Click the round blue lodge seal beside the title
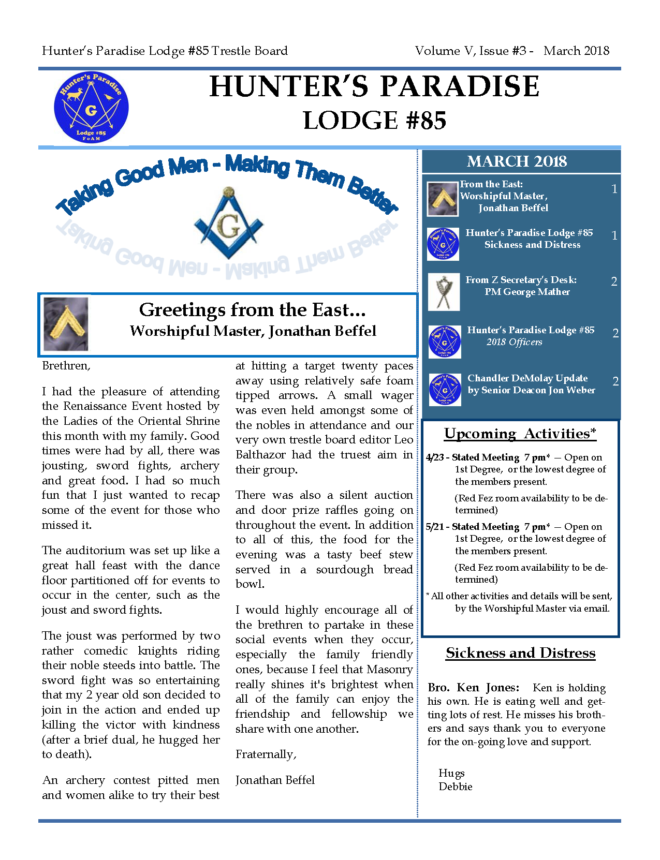click(91, 108)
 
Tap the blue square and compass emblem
click(228, 224)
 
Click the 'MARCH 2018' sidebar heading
click(517, 161)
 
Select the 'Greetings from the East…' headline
click(252, 310)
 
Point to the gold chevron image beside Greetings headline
click(66, 324)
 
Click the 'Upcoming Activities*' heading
click(520, 434)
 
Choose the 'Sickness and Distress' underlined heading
click(520, 653)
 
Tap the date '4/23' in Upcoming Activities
click(434, 457)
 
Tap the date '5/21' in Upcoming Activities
click(434, 527)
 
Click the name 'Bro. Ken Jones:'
click(473, 688)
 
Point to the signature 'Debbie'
click(456, 787)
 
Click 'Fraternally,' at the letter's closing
click(266, 754)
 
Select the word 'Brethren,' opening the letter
click(66, 366)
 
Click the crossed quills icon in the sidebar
click(444, 292)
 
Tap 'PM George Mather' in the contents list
click(527, 292)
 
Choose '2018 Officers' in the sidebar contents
click(514, 342)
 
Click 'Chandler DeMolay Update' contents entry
click(527, 378)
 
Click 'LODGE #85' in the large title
click(374, 121)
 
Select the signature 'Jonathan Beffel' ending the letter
click(275, 780)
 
